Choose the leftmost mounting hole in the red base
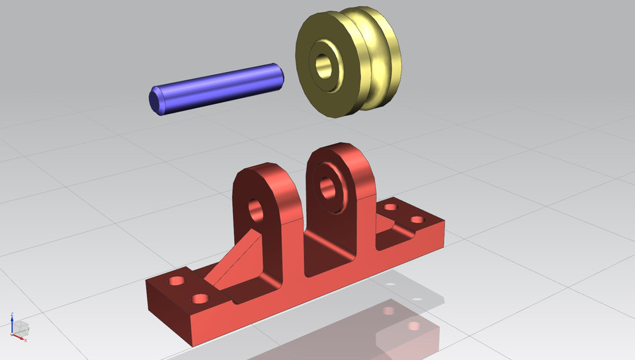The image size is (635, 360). tap(177, 281)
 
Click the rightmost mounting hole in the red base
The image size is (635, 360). tap(417, 220)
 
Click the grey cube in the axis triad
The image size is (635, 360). tap(22, 327)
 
